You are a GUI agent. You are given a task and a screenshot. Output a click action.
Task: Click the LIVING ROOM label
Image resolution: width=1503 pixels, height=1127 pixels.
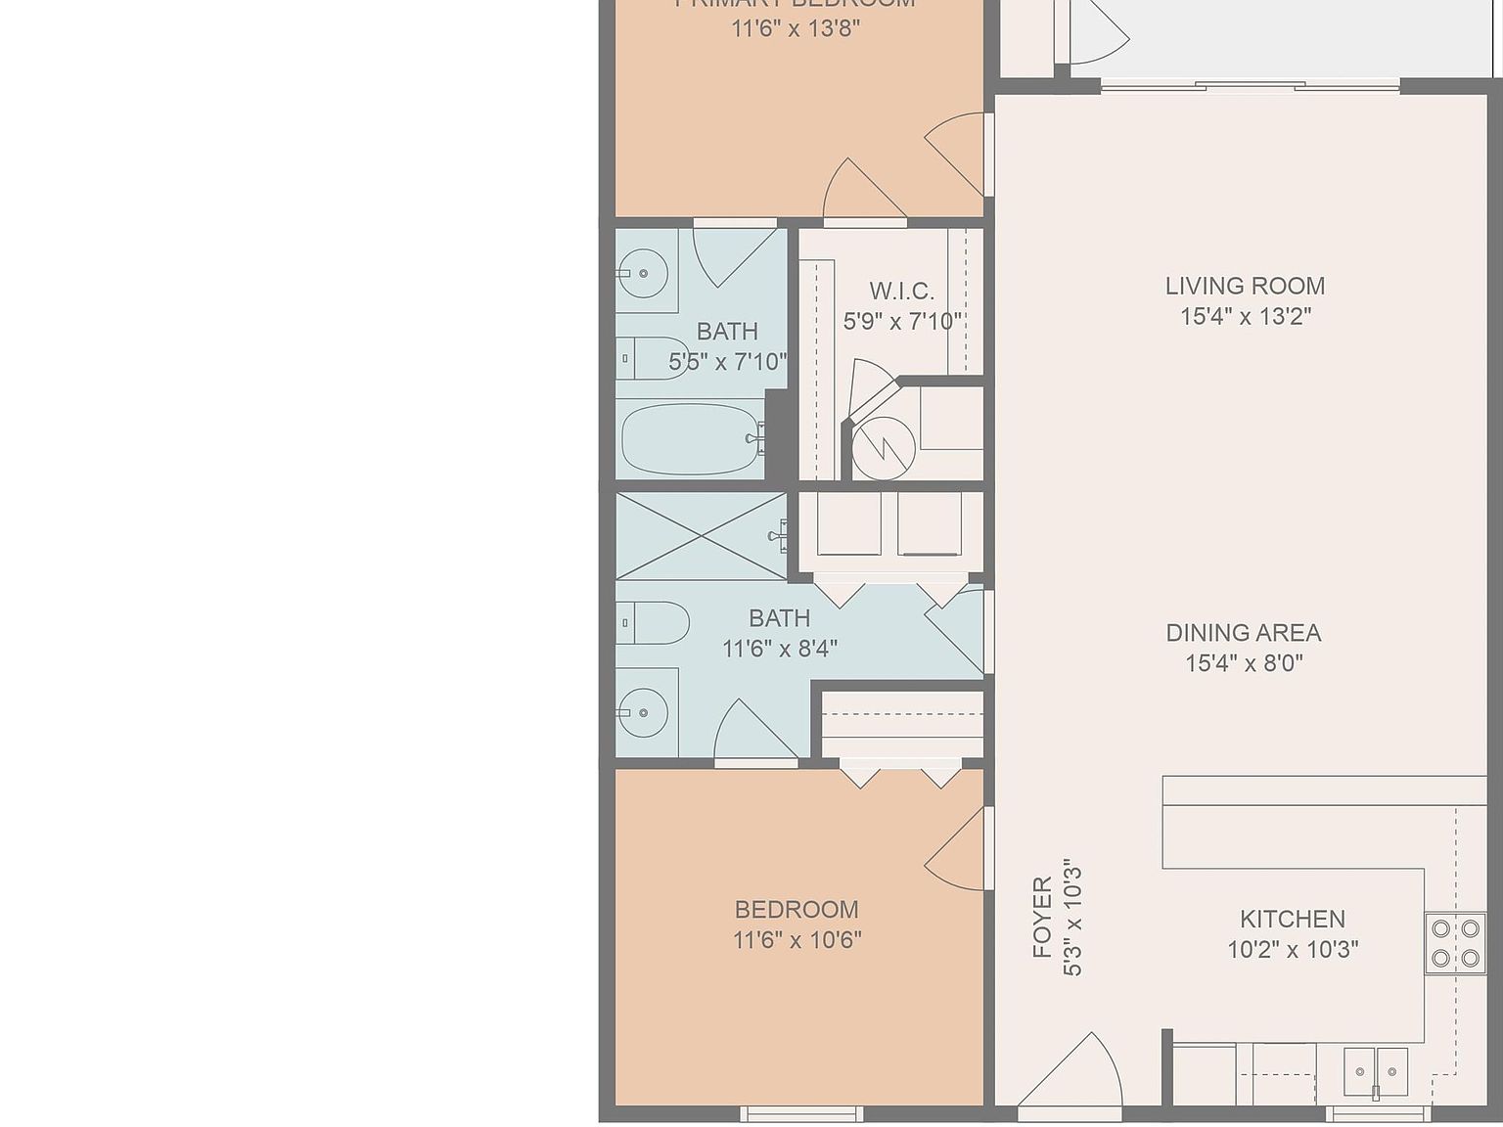(x=1244, y=286)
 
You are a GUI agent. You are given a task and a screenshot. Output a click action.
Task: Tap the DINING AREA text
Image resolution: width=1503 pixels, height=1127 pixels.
(x=1243, y=632)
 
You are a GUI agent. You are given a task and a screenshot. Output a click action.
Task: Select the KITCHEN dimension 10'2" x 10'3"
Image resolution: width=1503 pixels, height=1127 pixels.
(x=1292, y=949)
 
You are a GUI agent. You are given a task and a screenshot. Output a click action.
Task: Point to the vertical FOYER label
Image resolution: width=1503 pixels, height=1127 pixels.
(x=1042, y=917)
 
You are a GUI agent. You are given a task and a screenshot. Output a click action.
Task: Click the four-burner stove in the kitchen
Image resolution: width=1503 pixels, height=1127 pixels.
(x=1454, y=943)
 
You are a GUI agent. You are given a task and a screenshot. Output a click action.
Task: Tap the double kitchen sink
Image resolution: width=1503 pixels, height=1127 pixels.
(x=1375, y=1071)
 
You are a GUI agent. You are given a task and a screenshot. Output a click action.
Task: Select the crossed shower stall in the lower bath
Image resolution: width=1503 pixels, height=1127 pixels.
(x=701, y=536)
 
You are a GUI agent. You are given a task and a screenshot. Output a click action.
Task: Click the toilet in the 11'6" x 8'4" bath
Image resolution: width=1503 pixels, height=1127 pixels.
(x=654, y=622)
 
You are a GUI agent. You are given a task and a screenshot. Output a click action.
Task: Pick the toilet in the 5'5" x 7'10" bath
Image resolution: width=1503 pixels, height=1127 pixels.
(x=651, y=358)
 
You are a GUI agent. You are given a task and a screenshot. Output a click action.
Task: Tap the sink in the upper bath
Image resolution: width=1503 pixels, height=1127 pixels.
(x=644, y=273)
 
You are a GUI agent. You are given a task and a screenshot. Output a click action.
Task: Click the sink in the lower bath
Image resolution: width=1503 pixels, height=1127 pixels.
(x=644, y=712)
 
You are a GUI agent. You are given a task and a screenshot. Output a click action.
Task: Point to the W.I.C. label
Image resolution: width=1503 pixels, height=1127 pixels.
(x=901, y=291)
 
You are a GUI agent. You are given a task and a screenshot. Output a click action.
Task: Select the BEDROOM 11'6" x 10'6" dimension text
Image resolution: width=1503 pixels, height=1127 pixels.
(x=797, y=940)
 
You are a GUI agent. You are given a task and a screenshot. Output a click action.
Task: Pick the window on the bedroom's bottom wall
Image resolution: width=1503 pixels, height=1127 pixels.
(x=801, y=1113)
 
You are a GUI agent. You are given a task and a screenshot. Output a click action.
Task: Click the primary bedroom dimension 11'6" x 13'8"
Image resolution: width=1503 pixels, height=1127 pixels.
(x=795, y=27)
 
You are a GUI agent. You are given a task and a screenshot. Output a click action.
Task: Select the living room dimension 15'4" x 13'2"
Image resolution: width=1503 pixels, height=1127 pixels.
(x=1244, y=316)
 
